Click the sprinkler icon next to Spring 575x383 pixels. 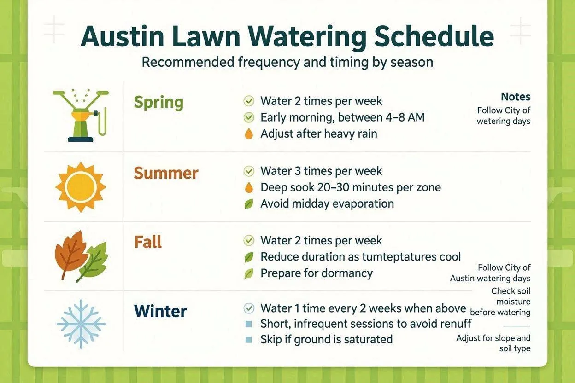[81, 116]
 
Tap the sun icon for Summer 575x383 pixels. [81, 187]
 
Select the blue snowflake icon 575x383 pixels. [81, 324]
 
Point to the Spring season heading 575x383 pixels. [158, 103]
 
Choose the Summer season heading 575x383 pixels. [166, 173]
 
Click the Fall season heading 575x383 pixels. [148, 242]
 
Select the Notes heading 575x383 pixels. [516, 97]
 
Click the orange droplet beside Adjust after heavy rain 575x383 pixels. [249, 133]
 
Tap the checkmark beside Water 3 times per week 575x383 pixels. [249, 171]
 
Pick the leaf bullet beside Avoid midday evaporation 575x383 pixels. [249, 204]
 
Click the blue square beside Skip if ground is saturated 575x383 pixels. [248, 340]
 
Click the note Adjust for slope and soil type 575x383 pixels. [493, 343]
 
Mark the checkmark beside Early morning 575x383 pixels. [249, 117]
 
